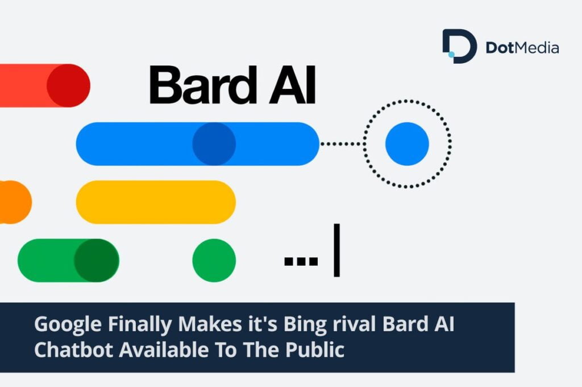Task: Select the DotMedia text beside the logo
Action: (x=522, y=48)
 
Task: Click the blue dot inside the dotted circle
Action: (x=407, y=144)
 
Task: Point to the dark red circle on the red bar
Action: (x=68, y=85)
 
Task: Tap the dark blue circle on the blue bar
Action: (x=214, y=144)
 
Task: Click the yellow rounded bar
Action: (x=156, y=202)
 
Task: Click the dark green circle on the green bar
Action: (x=95, y=261)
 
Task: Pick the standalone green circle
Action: (x=214, y=261)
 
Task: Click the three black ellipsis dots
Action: (x=301, y=261)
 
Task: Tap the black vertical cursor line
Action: (x=336, y=250)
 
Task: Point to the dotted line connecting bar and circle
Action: (x=341, y=144)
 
